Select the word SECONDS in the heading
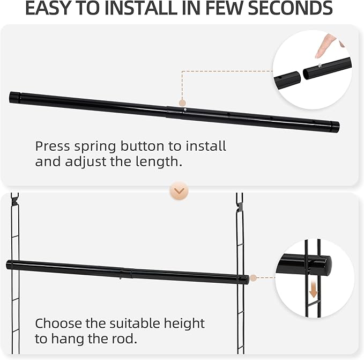(290, 8)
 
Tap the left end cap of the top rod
(14, 97)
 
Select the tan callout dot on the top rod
(182, 102)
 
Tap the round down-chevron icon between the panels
(179, 190)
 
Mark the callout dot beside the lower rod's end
(254, 277)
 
